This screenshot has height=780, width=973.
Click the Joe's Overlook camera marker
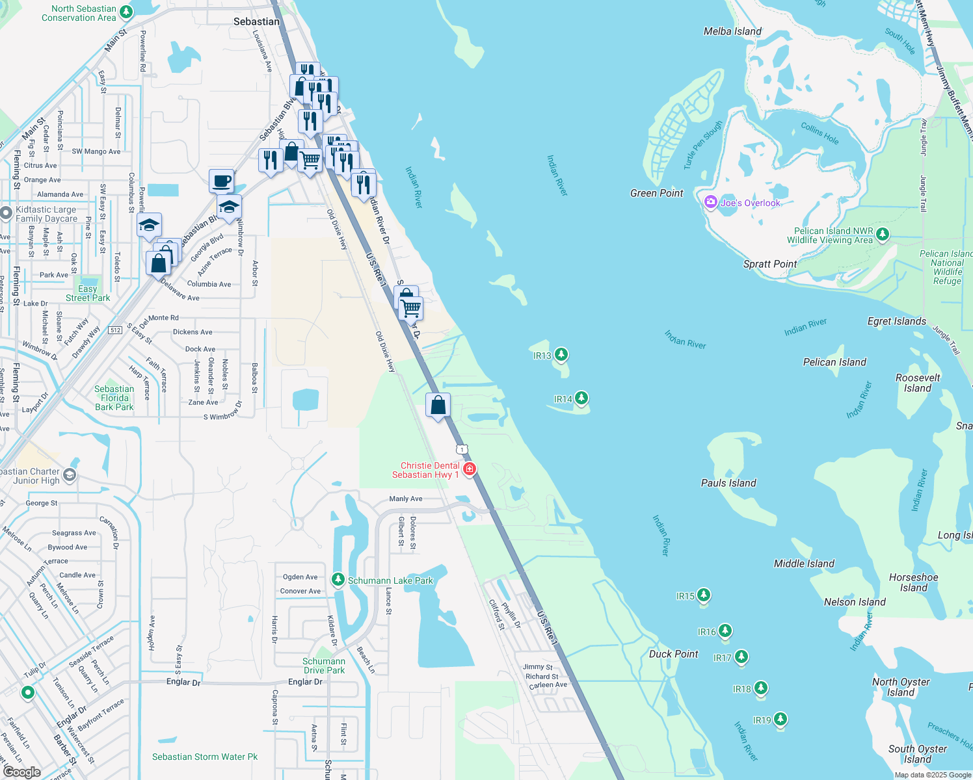(711, 202)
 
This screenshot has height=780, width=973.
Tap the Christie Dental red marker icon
(469, 469)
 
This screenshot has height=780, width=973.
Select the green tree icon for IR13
(561, 354)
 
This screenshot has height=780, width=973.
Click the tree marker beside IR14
(581, 398)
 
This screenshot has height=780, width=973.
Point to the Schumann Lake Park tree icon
(338, 578)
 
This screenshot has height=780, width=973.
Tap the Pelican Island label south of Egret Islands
(834, 362)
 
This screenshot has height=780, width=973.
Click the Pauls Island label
(728, 483)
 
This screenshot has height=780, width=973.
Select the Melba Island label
(732, 31)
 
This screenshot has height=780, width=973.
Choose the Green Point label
(657, 193)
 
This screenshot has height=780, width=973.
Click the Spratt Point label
(770, 264)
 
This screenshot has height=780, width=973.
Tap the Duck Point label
(673, 654)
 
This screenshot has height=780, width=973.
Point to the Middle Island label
(804, 564)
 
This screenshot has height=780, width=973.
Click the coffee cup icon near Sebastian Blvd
(221, 180)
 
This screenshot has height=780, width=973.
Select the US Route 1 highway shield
(462, 449)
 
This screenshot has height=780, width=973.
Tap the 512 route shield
(115, 330)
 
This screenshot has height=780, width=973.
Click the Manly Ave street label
(406, 499)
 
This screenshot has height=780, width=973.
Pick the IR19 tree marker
(780, 719)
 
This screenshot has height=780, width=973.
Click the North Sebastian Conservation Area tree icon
(126, 12)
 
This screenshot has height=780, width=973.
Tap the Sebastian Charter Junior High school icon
(70, 475)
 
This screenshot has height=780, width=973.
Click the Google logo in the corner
(21, 772)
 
